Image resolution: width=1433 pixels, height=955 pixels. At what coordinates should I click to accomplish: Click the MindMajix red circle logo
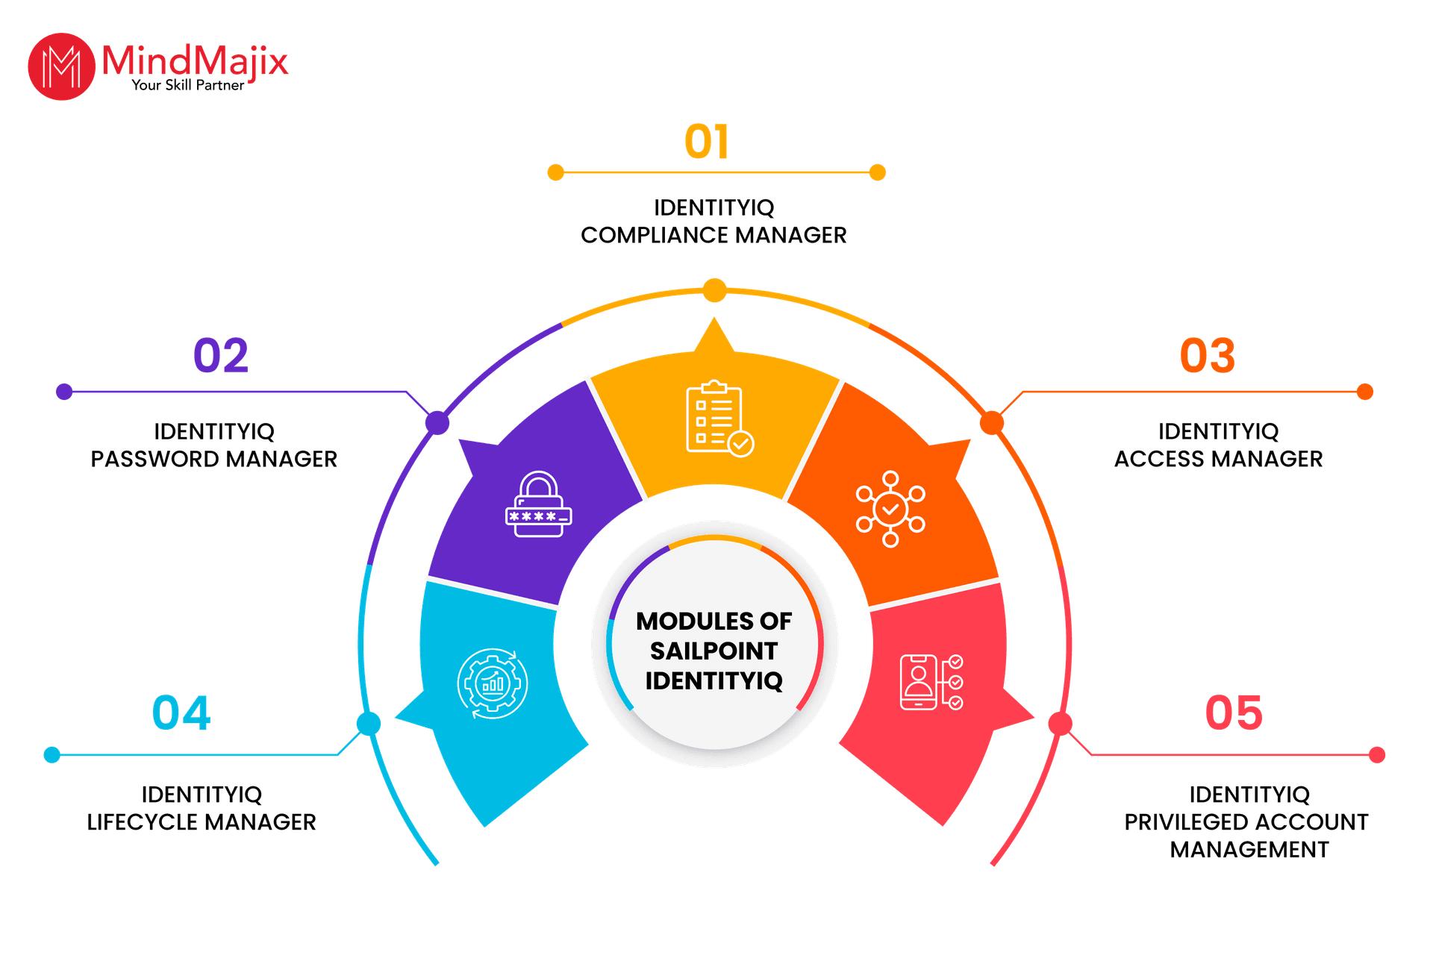click(x=61, y=66)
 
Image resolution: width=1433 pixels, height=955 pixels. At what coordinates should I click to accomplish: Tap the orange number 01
click(x=706, y=142)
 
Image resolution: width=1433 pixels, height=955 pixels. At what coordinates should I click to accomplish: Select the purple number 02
click(x=220, y=355)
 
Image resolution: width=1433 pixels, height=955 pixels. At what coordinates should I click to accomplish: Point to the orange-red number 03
click(x=1207, y=355)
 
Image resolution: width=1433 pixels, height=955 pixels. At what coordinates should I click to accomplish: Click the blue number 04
click(x=181, y=713)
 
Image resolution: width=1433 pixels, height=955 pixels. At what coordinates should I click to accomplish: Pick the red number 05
click(x=1234, y=713)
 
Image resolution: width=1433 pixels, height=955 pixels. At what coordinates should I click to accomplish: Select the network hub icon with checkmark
click(x=890, y=509)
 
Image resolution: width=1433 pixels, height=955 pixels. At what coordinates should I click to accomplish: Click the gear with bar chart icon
click(x=493, y=683)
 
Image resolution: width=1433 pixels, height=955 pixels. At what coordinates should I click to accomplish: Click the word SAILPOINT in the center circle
click(x=714, y=651)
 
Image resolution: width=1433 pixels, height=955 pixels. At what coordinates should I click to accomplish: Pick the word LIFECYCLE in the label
click(x=141, y=822)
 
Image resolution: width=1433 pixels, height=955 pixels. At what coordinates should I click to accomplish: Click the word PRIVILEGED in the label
click(x=1181, y=822)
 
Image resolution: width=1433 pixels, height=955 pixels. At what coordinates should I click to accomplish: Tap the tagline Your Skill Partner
click(x=188, y=86)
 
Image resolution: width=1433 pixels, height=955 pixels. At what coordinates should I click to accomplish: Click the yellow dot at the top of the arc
click(x=714, y=290)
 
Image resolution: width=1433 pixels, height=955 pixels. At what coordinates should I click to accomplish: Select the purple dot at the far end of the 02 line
click(x=64, y=392)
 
